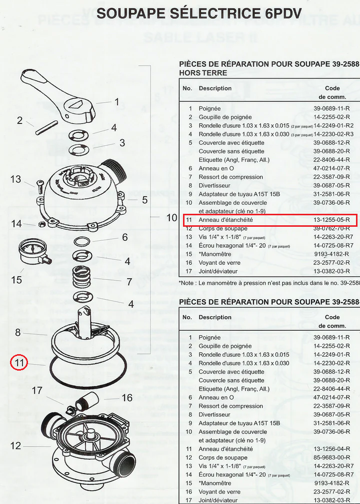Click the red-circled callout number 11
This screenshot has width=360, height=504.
click(19, 363)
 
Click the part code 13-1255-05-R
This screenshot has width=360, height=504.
click(331, 220)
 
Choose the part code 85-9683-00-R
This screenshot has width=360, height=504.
click(331, 457)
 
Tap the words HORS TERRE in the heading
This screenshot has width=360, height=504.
click(203, 73)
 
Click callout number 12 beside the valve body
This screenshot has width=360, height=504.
click(16, 445)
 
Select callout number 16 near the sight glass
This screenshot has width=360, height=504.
click(127, 398)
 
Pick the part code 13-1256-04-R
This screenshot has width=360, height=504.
click(331, 449)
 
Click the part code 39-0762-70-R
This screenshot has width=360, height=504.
click(331, 228)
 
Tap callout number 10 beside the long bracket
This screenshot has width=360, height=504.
click(171, 218)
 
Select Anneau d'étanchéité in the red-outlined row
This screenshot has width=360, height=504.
click(225, 220)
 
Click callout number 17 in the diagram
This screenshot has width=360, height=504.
click(37, 390)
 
